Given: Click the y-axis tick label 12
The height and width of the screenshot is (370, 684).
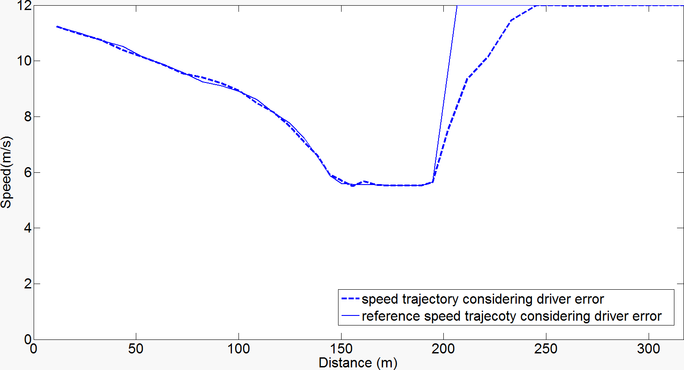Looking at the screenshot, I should click(x=24, y=6).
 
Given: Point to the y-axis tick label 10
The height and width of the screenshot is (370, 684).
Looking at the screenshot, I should click(x=24, y=61).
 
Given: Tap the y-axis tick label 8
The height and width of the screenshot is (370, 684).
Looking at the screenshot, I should click(x=28, y=116).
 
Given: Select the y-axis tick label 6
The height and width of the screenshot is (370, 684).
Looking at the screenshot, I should click(x=28, y=172).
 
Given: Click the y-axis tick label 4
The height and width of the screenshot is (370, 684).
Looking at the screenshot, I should click(x=28, y=228).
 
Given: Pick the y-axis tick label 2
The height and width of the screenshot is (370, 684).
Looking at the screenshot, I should click(x=28, y=284).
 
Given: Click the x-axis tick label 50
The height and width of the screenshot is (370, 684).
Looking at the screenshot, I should click(x=136, y=349).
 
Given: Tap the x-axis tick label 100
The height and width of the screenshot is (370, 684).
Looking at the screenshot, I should click(x=238, y=349).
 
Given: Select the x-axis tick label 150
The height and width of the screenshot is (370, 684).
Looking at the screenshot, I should click(x=341, y=349).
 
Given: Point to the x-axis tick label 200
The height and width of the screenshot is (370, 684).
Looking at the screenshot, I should click(x=443, y=349).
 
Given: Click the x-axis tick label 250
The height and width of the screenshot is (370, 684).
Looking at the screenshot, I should click(x=546, y=349).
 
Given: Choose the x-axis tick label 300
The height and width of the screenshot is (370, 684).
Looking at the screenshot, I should click(x=649, y=349).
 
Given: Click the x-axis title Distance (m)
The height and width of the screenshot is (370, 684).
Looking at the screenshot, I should click(x=358, y=363).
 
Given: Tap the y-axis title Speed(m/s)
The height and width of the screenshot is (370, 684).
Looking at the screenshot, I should click(x=7, y=172).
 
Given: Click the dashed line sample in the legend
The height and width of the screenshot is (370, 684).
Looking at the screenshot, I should click(x=350, y=299).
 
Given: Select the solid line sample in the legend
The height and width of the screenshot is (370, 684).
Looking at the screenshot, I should click(x=350, y=316).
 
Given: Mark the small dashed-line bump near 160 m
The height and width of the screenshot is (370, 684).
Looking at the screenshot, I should click(x=364, y=181).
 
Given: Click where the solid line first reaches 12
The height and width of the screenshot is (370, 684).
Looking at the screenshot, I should click(x=457, y=6).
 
